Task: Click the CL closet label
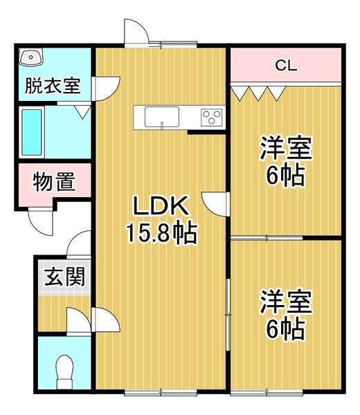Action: pos(286,66)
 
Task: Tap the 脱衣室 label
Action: pos(53,86)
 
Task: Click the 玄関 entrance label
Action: pos(65,277)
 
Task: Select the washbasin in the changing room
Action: pos(33,59)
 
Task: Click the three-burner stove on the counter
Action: pos(212,117)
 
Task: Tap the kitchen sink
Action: pos(161,117)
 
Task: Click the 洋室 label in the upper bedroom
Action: pos(286,148)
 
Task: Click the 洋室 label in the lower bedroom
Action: pos(286,302)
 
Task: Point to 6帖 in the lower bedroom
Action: pos(286,329)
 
